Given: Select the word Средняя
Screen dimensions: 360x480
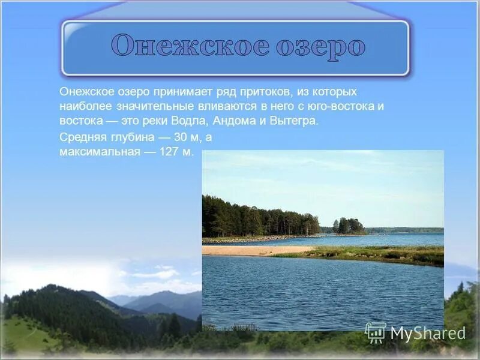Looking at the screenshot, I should pos(80,137).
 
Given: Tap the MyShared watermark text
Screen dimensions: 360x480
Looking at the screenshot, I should pos(428,333).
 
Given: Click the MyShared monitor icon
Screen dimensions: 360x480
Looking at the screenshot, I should pos(376,332).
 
